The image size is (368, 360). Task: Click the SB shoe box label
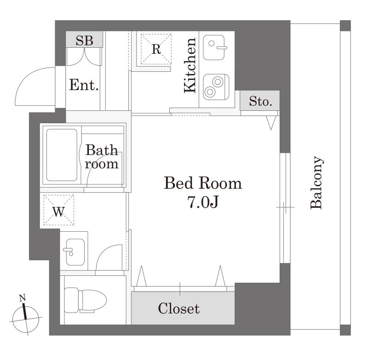(x=84, y=40)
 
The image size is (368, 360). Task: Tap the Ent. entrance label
(x=84, y=85)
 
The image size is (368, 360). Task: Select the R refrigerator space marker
(x=156, y=49)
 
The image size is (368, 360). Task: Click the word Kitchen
(x=190, y=65)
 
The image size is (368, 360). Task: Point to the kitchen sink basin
(x=213, y=47)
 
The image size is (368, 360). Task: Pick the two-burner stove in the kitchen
(x=216, y=87)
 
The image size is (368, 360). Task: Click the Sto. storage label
(x=260, y=101)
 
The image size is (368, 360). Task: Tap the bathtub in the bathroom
(x=62, y=155)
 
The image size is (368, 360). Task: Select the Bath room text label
(x=101, y=157)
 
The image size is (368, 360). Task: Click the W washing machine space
(x=59, y=210)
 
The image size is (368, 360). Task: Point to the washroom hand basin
(x=75, y=252)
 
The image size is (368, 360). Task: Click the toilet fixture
(x=85, y=300)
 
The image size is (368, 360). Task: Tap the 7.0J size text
(x=203, y=202)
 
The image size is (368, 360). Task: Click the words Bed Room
(x=203, y=183)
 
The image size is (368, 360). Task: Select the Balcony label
(x=316, y=183)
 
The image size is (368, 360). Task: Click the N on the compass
(x=23, y=298)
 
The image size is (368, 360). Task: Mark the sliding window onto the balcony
(x=285, y=208)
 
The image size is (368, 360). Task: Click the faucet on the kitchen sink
(x=222, y=48)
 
